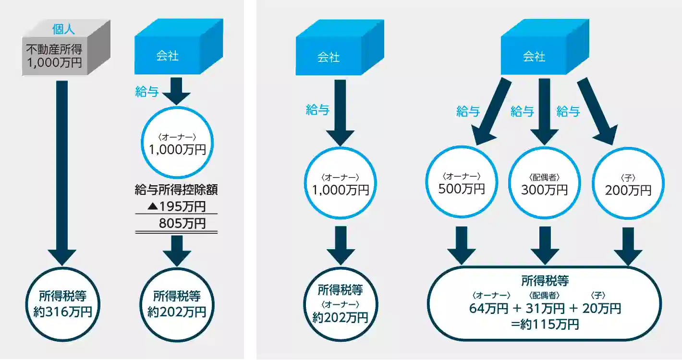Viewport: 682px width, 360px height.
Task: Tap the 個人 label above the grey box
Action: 63,29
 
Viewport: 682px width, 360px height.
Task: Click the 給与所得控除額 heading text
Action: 177,191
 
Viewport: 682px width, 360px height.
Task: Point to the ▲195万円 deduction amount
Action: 176,207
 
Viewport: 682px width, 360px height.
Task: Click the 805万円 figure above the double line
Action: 182,223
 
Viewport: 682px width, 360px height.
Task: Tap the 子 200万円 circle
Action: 628,184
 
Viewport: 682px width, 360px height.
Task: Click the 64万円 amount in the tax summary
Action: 488,308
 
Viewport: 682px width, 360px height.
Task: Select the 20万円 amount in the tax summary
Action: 601,308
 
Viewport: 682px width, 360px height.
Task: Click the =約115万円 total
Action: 545,324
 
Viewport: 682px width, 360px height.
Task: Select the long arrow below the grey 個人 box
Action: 62,173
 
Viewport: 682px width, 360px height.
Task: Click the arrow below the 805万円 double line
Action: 177,250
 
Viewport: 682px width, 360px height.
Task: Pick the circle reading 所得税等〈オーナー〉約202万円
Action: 340,304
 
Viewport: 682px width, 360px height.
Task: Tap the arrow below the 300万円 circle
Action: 545,245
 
